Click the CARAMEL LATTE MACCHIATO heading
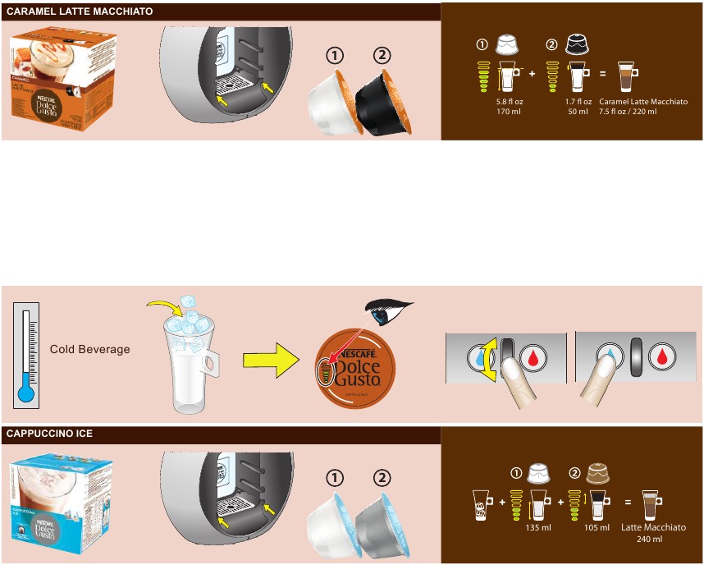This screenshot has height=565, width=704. [79, 11]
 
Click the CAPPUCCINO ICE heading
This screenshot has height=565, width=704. [49, 434]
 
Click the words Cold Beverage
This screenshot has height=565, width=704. [89, 349]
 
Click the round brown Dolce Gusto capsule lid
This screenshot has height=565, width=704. [355, 374]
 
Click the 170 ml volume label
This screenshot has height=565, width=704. [510, 112]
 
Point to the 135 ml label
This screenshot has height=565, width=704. [537, 528]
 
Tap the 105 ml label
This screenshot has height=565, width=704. [597, 528]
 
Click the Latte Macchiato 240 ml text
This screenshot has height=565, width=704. [653, 533]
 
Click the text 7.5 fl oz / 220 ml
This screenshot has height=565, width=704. [628, 112]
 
